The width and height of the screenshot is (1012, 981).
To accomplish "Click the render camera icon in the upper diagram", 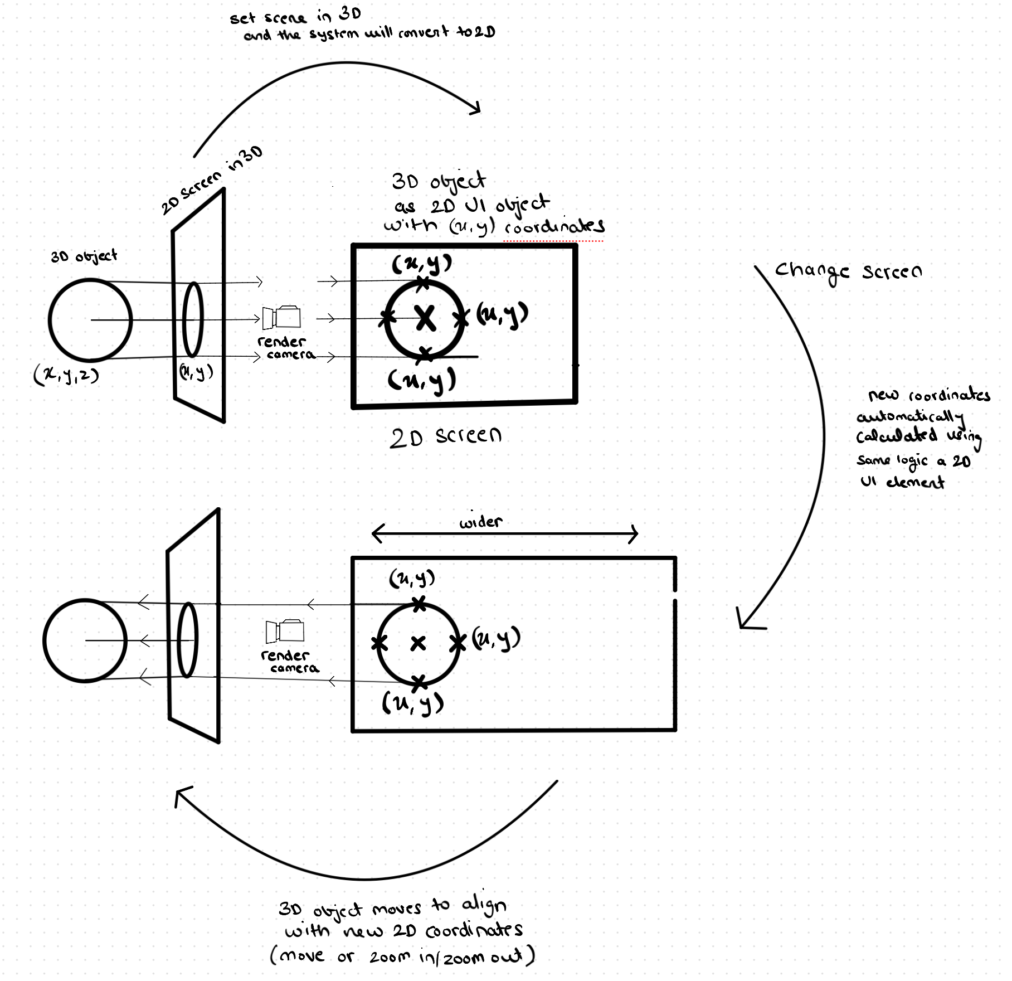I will tap(282, 318).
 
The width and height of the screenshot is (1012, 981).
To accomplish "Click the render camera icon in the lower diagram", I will tap(285, 631).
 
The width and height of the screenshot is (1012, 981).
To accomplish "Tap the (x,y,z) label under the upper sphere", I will tap(66, 375).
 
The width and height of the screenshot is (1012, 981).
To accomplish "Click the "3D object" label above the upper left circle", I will tap(84, 256).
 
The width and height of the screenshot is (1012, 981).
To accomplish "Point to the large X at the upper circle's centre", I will tap(426, 319).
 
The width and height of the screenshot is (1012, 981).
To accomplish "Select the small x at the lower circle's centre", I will tap(418, 644).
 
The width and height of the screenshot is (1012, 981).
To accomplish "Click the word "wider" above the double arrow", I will tap(480, 522).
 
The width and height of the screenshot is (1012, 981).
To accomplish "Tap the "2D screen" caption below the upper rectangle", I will tap(446, 437).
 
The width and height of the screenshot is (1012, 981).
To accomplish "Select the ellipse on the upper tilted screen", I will tap(193, 319).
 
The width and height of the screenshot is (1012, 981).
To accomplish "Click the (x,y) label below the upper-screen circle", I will tap(422, 381).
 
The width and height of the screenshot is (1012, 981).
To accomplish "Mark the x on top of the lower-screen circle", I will tap(419, 604).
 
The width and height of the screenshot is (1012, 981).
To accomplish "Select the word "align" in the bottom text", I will tap(484, 906).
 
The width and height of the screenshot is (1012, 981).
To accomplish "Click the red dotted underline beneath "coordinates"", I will tap(553, 241).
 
